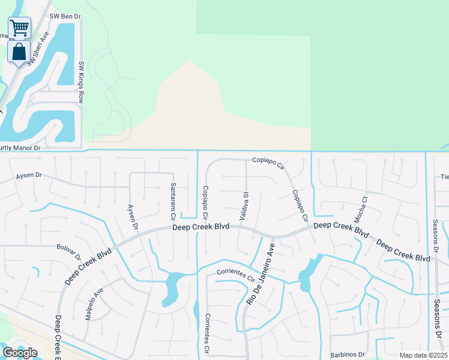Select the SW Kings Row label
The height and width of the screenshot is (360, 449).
tap(81, 82)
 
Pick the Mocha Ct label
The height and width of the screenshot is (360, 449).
tap(364, 206)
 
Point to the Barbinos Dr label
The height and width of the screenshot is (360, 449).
tap(347, 354)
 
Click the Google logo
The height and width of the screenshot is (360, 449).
tap(20, 353)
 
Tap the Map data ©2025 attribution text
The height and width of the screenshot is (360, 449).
tap(423, 355)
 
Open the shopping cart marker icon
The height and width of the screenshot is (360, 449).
tap(19, 27)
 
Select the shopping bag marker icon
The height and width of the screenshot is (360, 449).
tap(19, 52)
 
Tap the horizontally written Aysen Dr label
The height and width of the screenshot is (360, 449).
tap(29, 176)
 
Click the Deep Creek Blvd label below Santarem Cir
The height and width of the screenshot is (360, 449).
tap(201, 227)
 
